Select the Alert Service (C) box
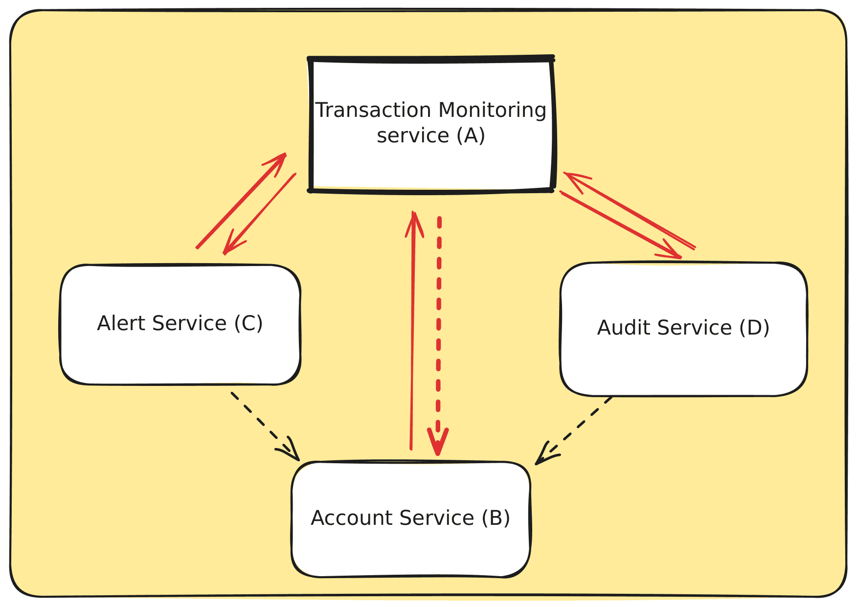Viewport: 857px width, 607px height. tap(180, 352)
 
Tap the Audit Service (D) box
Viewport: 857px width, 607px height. tap(683, 362)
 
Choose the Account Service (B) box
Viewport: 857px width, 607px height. tap(411, 548)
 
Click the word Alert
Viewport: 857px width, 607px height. tap(121, 323)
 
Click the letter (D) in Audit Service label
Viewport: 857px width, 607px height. tap(754, 328)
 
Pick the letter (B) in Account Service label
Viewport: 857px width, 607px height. tap(496, 517)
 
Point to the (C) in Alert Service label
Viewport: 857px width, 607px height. tap(248, 323)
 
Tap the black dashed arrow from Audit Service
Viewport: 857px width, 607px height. tap(577, 428)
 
